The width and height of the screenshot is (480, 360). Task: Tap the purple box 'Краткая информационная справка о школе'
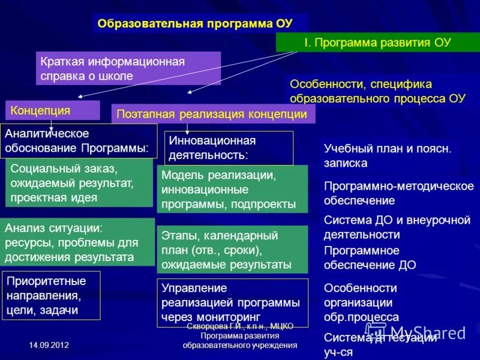click(128, 68)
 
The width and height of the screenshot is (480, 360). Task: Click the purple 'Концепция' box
click(53, 110)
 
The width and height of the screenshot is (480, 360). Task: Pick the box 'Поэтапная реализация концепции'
click(213, 114)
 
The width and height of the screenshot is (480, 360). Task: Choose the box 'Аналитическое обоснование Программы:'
click(79, 140)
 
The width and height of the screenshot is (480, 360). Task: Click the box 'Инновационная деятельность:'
click(229, 148)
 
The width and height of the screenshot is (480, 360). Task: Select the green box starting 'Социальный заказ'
click(79, 183)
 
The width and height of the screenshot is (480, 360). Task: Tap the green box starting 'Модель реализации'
click(232, 190)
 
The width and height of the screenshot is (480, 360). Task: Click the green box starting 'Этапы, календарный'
click(232, 249)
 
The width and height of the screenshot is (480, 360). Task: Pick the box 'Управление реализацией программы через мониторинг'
click(232, 302)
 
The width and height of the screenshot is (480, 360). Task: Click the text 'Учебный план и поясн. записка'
click(388, 155)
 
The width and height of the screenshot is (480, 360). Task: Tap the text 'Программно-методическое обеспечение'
click(396, 193)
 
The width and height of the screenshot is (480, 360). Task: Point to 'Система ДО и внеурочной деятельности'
click(397, 227)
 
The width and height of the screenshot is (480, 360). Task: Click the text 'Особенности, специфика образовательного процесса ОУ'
click(378, 91)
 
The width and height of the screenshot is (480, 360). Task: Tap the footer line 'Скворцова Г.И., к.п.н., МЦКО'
click(240, 326)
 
